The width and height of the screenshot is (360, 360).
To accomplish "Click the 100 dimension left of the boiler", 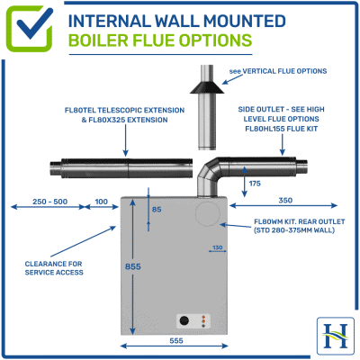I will tap(100, 202).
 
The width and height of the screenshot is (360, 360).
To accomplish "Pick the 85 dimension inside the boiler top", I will tap(157, 211).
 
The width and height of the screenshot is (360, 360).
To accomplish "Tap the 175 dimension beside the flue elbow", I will tap(255, 183).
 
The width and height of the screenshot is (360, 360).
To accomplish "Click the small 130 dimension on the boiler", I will tap(216, 247).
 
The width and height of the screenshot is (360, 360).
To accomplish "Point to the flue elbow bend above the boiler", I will tap(212, 170).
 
